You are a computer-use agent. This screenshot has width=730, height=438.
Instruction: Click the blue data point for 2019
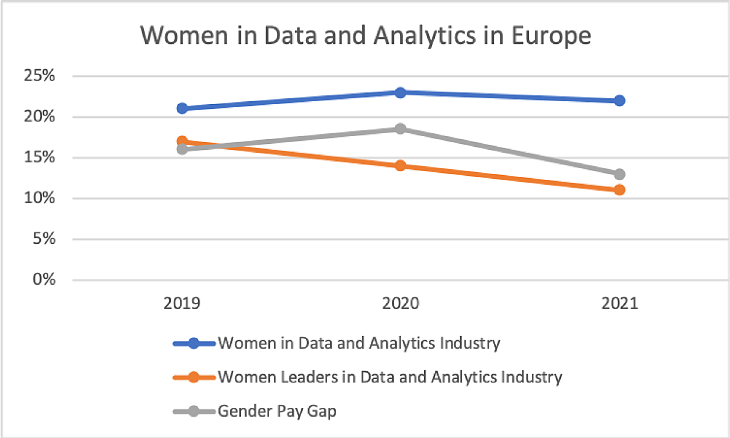point(182,108)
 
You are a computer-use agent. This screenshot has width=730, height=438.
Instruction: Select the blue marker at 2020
point(400,92)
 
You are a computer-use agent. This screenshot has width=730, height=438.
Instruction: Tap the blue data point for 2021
point(619,101)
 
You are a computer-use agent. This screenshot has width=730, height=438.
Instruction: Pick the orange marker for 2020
point(400,166)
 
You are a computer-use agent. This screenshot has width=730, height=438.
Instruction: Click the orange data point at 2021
point(619,190)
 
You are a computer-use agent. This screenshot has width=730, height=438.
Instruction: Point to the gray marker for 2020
point(400,128)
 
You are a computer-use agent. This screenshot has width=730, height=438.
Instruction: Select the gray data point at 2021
point(619,174)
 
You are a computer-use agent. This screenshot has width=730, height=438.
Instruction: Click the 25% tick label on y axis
point(38,76)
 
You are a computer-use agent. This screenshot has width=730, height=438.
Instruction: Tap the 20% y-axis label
point(38,117)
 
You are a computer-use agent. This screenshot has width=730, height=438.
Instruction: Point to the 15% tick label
point(38,158)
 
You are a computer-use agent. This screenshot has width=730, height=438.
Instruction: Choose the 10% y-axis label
point(38,198)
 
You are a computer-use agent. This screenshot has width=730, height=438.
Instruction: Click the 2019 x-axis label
point(182,304)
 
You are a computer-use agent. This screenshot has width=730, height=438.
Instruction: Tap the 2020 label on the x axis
point(400,304)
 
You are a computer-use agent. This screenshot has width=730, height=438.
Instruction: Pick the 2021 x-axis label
point(619,304)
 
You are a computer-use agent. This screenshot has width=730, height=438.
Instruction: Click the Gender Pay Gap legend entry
point(277,411)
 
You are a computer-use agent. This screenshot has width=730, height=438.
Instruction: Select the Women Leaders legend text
point(389,377)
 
